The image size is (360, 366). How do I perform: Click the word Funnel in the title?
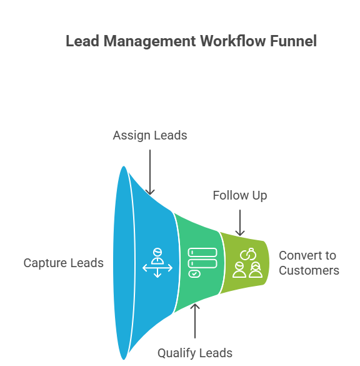(293, 42)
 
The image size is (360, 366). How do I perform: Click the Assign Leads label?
(150, 135)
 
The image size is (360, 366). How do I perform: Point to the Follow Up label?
(240, 195)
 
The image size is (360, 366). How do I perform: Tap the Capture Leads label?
(64, 263)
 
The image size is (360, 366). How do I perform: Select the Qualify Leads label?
(195, 353)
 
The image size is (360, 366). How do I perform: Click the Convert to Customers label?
(309, 263)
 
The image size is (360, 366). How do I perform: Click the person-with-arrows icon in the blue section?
(158, 263)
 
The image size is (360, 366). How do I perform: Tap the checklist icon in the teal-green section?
(202, 263)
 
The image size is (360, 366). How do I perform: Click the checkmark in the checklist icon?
(195, 274)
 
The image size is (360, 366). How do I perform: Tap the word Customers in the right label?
(309, 270)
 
